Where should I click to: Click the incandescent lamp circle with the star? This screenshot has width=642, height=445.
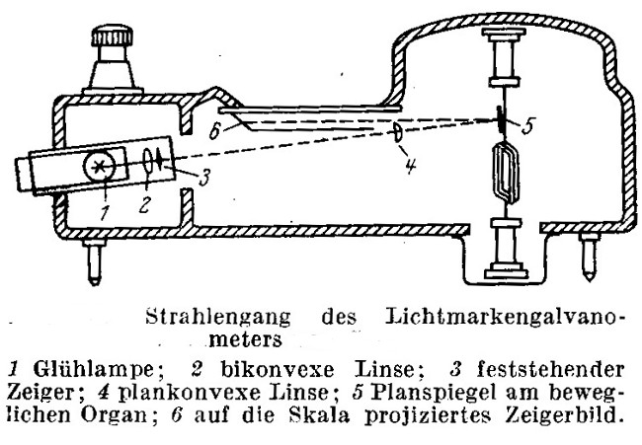coord(99,166)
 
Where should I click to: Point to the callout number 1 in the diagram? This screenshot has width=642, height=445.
coord(105,211)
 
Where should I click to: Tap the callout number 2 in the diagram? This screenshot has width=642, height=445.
coord(144,204)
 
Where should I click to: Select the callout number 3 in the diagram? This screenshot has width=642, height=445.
coord(204,177)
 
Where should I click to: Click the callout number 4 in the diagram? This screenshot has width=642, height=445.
coord(411,165)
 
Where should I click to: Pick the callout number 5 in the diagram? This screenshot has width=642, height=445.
coord(527,126)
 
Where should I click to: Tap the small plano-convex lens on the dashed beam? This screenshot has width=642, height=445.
coord(397,132)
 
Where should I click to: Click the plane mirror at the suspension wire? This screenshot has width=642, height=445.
coord(501,119)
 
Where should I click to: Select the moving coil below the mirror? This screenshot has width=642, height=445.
coord(508,173)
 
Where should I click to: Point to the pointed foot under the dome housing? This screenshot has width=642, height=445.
coord(589,257)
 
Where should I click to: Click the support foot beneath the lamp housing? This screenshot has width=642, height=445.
coord(94,261)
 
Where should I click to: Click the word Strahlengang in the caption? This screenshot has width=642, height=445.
coord(218,318)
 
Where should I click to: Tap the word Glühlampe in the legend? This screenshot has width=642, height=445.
coord(94,370)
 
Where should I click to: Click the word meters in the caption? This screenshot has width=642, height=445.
coord(245,339)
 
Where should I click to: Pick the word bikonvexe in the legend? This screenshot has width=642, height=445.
coord(278,370)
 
